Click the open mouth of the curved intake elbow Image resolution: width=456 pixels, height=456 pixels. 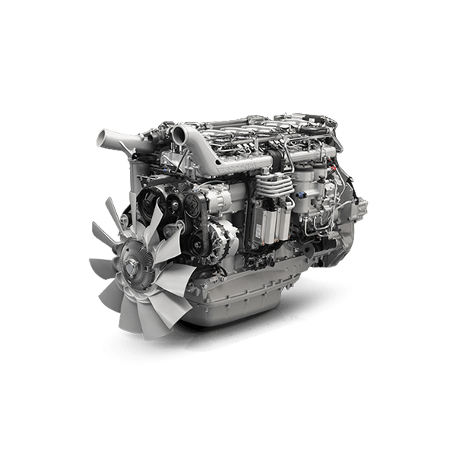coord(179,135)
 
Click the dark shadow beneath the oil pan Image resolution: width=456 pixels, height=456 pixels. coord(251,334)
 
